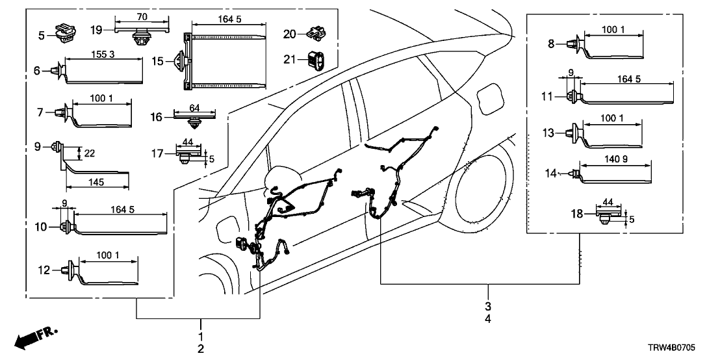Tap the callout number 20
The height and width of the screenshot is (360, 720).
290,34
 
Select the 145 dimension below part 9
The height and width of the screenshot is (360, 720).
96,184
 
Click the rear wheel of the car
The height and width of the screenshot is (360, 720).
487,195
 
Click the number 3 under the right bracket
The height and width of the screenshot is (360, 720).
487,306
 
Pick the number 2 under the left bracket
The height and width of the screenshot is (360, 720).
201,349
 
